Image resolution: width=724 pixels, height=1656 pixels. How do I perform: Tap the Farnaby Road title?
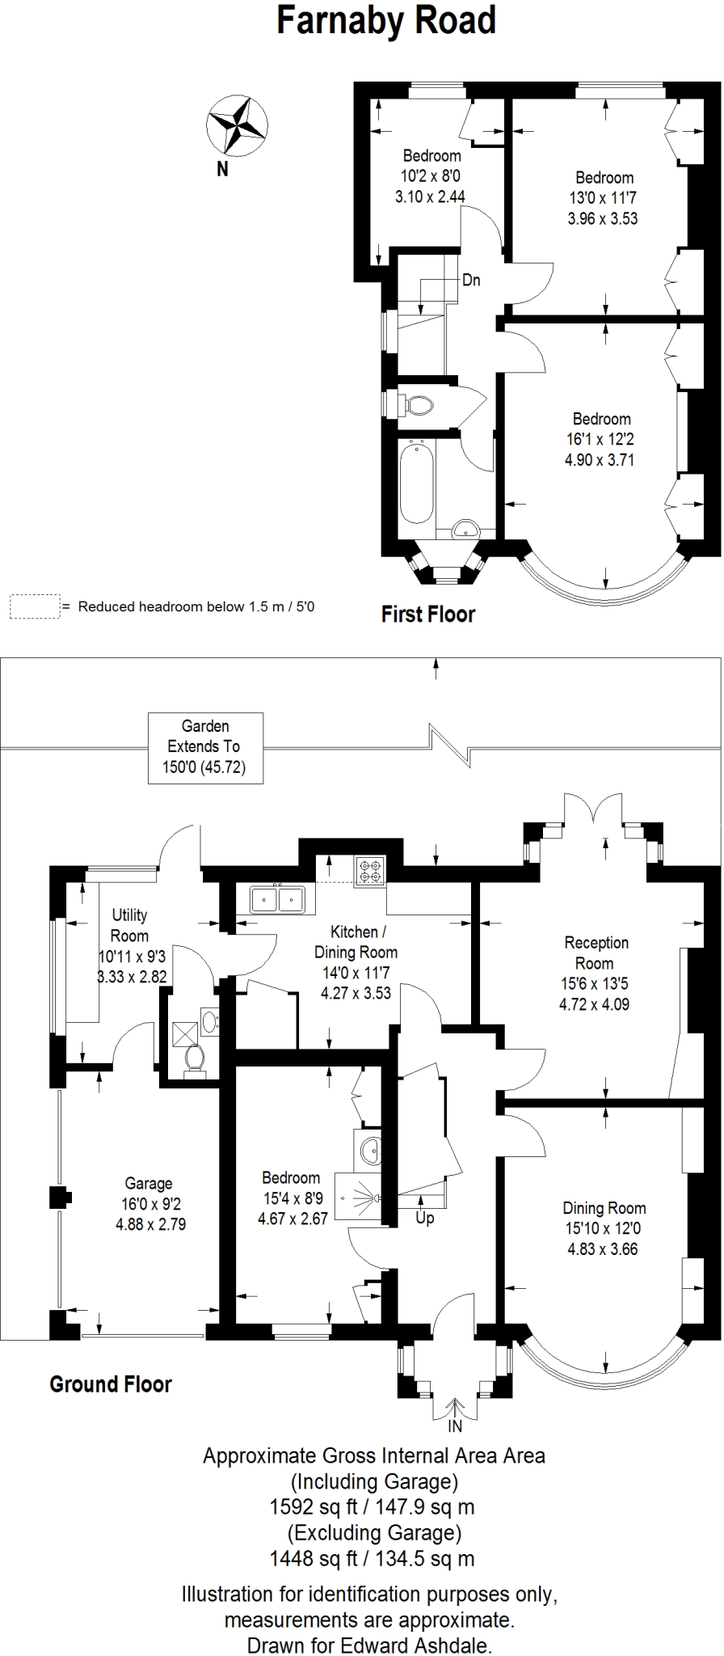386,20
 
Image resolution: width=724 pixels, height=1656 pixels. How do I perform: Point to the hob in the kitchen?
369,871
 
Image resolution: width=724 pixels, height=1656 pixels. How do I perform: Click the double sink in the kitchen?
276,898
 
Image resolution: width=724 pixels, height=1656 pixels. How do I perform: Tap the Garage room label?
149,1183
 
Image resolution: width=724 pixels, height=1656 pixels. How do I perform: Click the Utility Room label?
129,925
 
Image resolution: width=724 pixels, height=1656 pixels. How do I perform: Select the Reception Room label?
595,953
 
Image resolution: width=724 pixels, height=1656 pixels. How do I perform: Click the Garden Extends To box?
205,747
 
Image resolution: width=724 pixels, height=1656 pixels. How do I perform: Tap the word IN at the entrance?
455,1427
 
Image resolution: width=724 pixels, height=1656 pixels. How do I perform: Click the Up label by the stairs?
425,1218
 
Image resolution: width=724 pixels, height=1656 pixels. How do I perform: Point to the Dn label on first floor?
471,280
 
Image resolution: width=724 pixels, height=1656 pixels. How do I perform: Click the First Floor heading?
428,614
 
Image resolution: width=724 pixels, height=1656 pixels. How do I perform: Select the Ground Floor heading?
111,1384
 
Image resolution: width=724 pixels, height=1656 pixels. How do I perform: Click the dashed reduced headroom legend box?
35,606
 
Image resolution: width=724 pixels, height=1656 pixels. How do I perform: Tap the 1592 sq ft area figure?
314,1506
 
